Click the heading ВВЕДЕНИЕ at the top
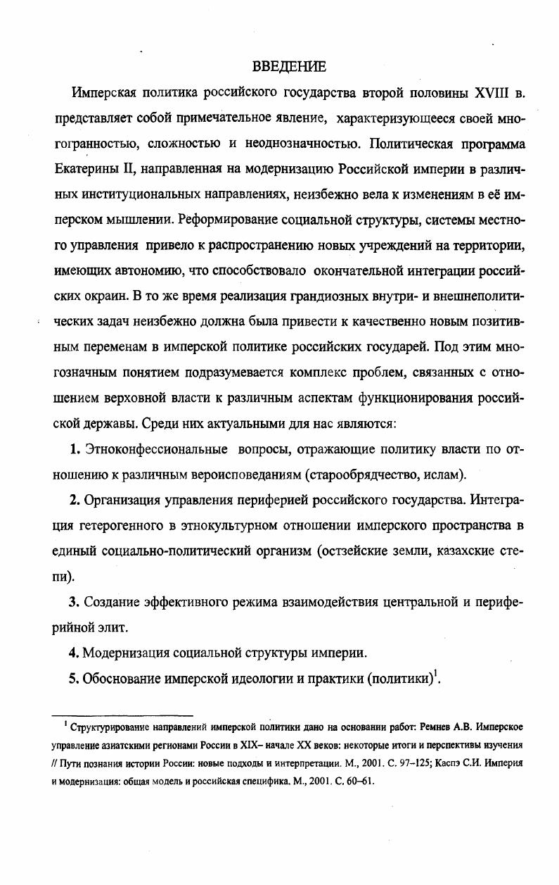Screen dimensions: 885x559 [288, 68]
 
